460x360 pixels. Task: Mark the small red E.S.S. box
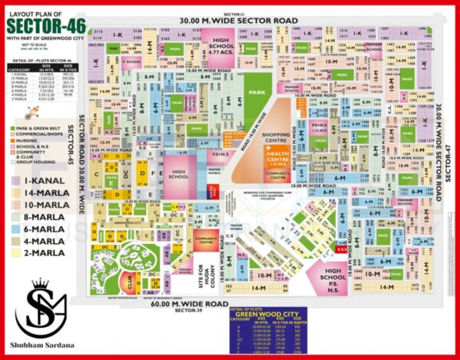340,249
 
